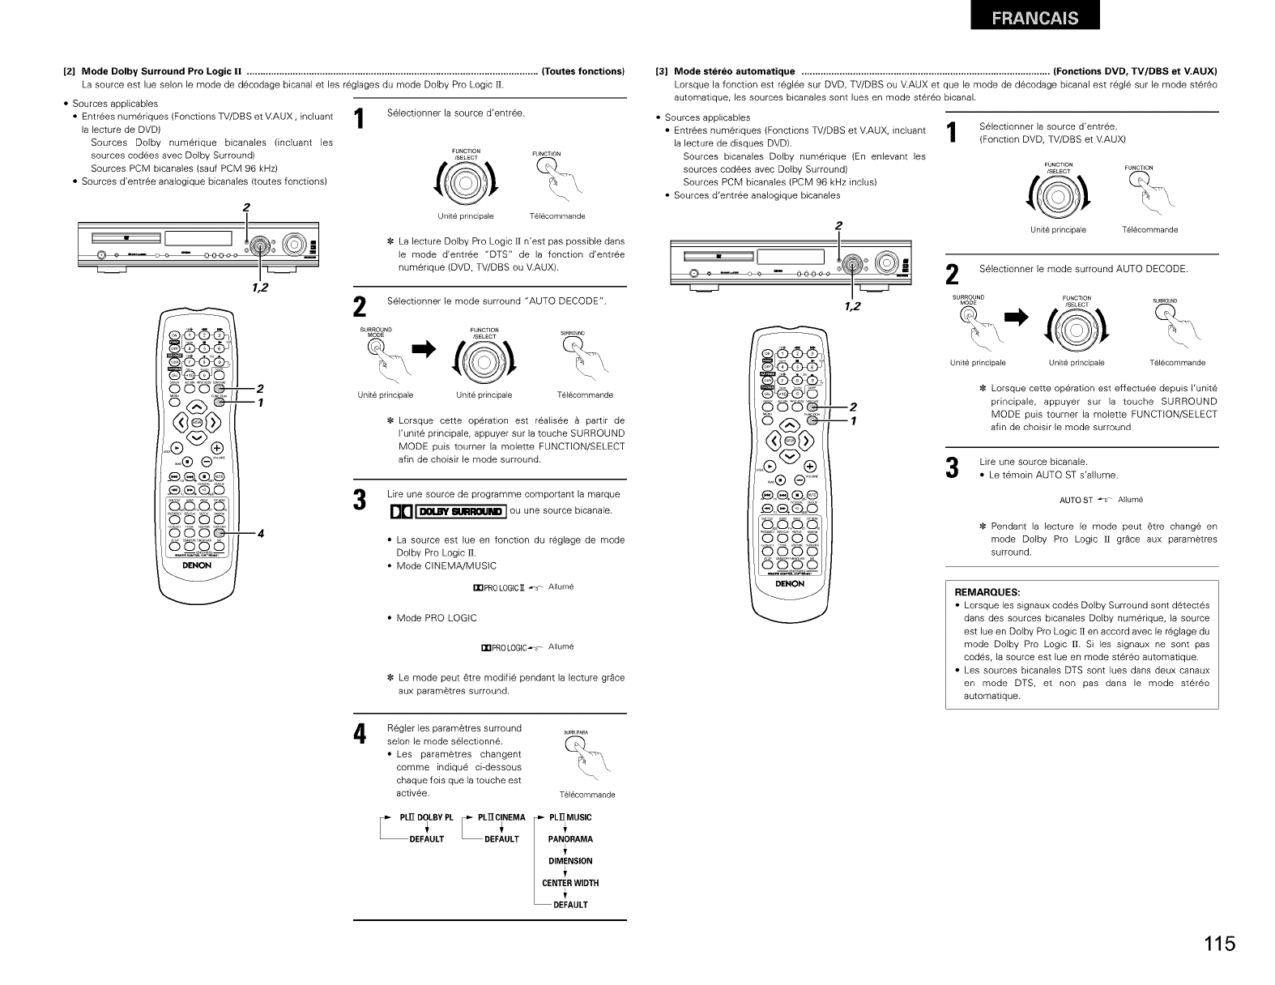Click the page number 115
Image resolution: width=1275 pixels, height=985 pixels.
click(1218, 944)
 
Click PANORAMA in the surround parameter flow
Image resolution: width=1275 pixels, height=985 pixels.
click(570, 839)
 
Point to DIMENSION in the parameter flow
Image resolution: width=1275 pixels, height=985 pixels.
click(570, 861)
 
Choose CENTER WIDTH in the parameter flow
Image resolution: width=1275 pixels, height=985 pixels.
click(570, 883)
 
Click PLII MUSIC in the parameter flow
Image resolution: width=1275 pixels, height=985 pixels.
click(570, 817)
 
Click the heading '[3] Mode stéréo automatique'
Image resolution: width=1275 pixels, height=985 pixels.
click(735, 71)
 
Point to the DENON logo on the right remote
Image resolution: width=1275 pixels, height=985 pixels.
click(790, 584)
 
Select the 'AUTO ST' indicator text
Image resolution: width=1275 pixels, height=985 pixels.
click(1077, 500)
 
